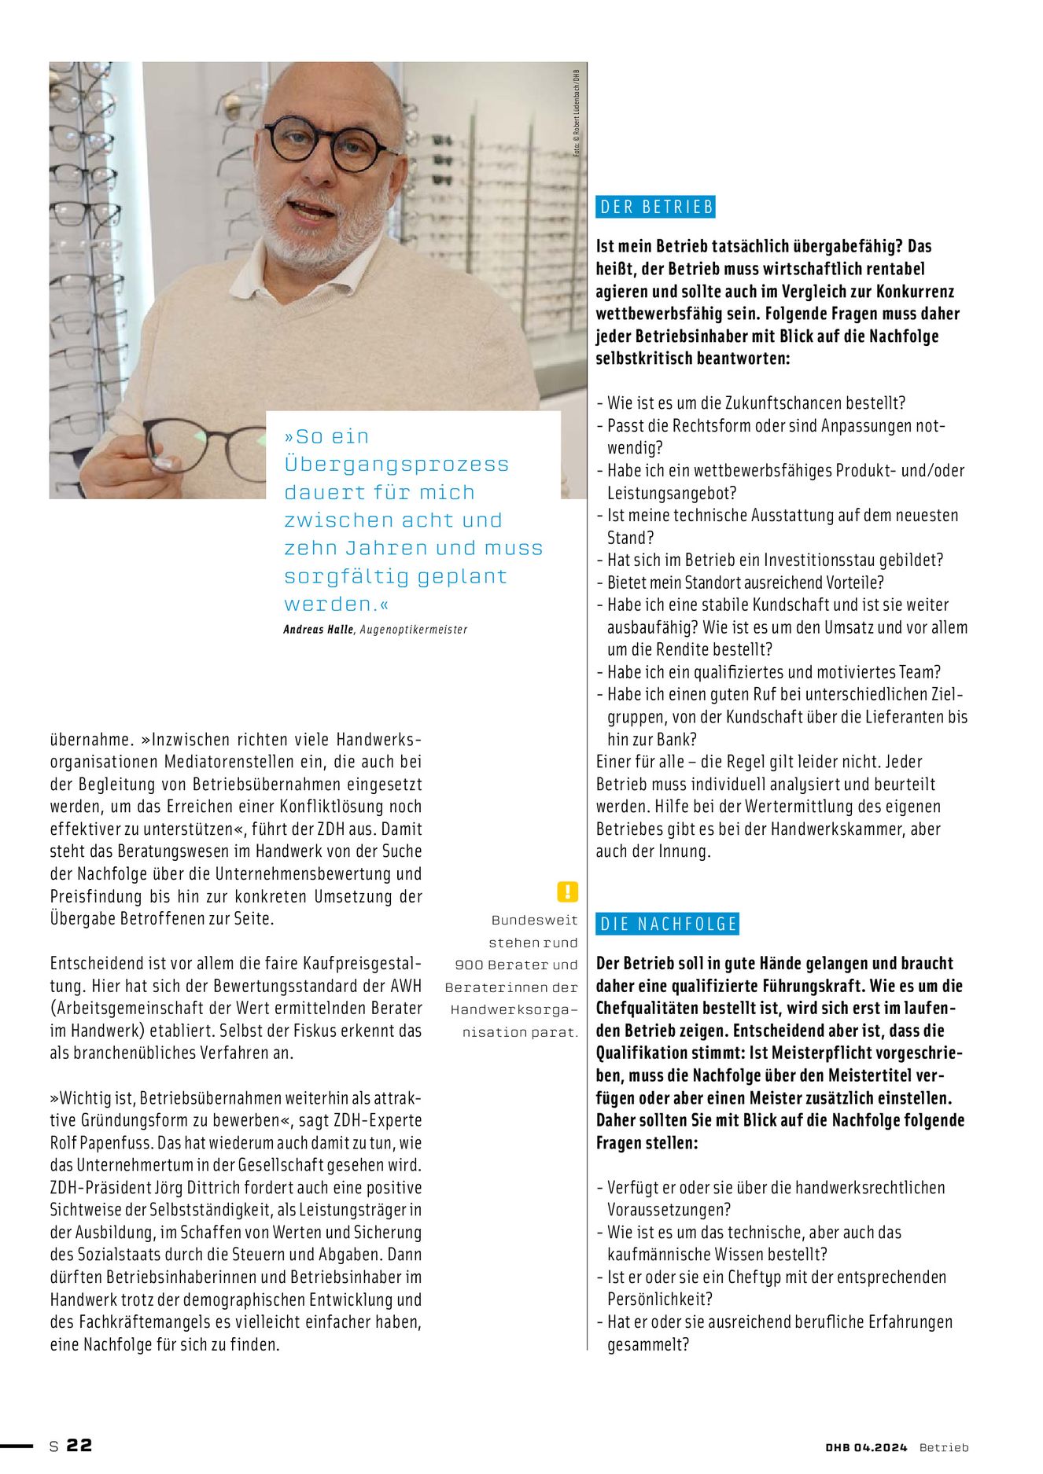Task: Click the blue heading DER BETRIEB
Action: [656, 207]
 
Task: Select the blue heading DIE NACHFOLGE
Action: [668, 924]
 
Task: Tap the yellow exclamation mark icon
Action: [567, 891]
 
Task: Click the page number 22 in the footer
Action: [79, 1445]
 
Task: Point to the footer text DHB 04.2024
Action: [866, 1447]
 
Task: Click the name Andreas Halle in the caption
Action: [319, 629]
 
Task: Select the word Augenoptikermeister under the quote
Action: [414, 629]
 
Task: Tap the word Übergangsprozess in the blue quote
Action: [396, 465]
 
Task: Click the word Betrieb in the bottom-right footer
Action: [944, 1447]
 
